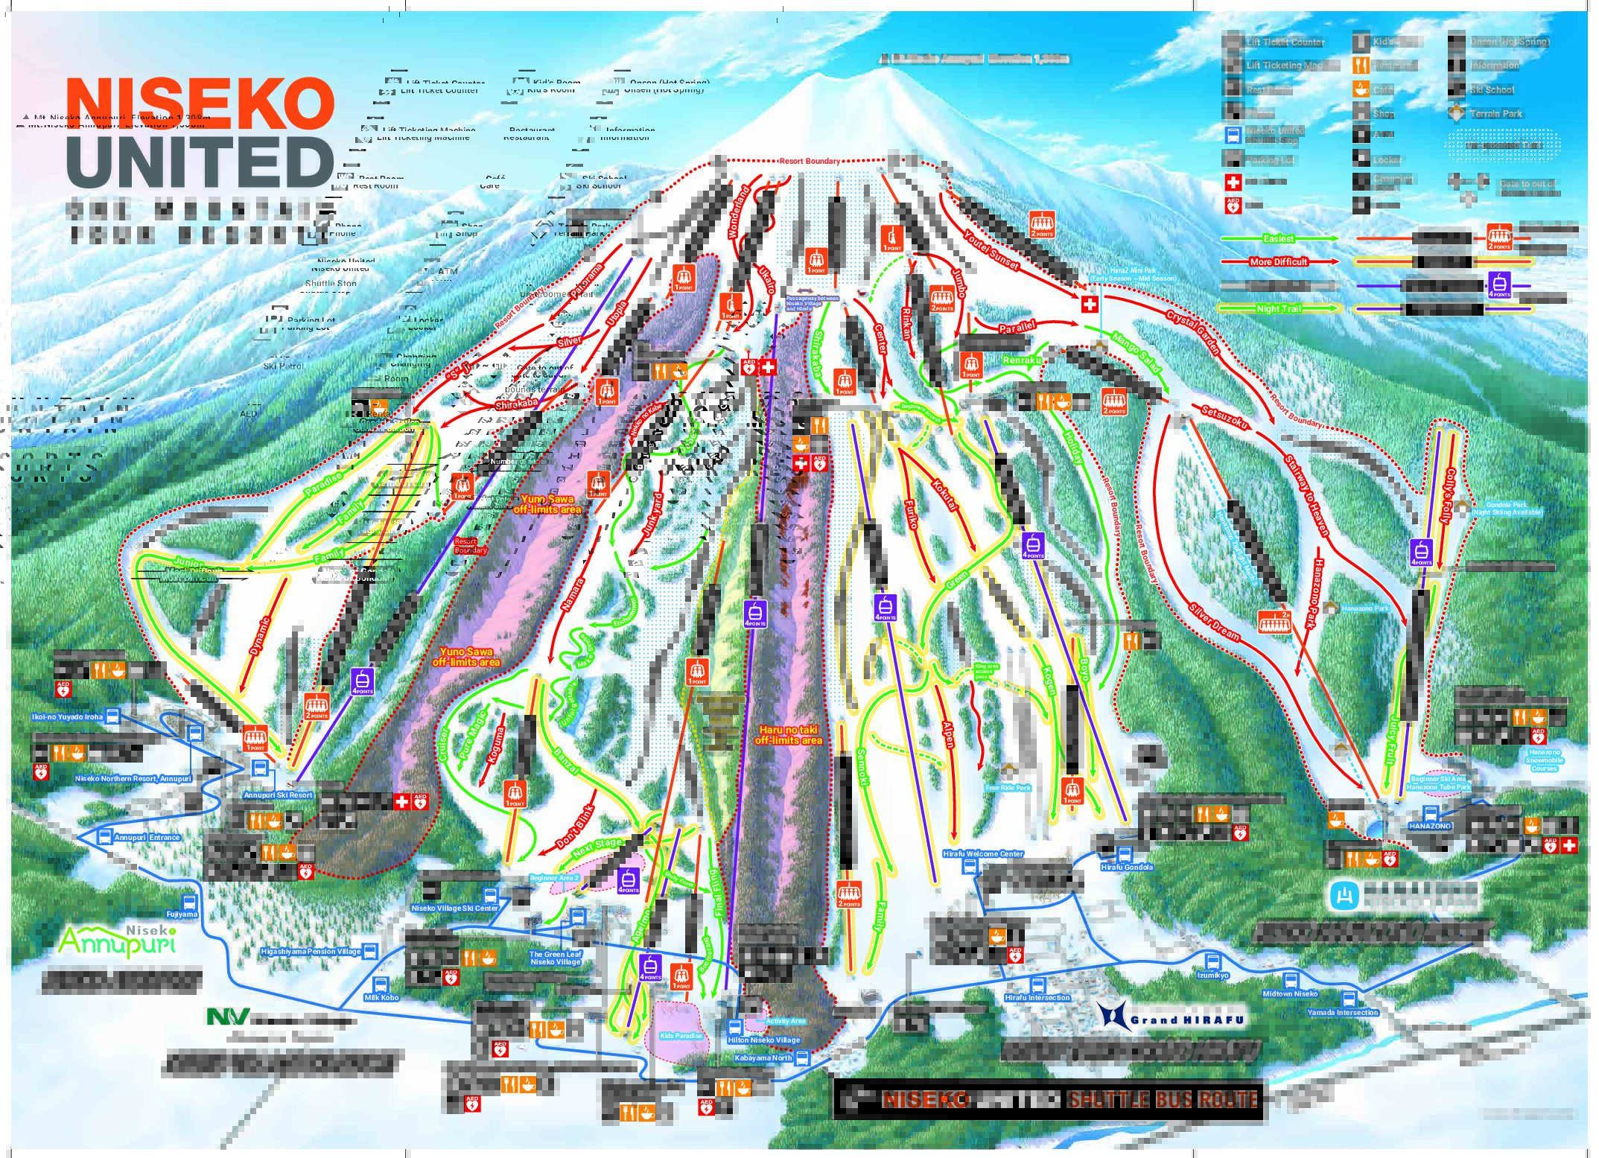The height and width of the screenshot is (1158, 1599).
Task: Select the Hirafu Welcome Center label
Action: click(982, 854)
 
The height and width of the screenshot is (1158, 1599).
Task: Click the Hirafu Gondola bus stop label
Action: click(1126, 867)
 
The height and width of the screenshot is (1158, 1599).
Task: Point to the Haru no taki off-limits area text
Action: click(788, 735)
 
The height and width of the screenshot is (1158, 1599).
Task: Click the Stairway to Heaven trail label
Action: click(1306, 495)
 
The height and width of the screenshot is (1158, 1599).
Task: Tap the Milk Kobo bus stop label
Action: click(381, 997)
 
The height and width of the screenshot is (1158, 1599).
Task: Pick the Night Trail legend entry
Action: click(1278, 308)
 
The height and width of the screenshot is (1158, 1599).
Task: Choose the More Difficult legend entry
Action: click(1278, 261)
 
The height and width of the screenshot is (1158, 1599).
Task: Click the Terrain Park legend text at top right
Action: click(1495, 114)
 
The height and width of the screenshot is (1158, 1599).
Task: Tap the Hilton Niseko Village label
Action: click(763, 1040)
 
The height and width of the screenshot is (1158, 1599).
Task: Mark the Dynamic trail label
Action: click(260, 637)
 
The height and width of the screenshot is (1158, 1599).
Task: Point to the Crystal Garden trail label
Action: click(1193, 333)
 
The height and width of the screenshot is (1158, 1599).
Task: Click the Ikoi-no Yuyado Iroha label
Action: click(67, 717)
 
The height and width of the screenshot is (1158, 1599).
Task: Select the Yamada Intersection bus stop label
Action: click(1342, 1013)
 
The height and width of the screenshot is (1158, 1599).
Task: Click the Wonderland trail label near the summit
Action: click(738, 211)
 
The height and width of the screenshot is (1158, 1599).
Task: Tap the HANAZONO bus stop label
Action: click(1429, 826)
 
